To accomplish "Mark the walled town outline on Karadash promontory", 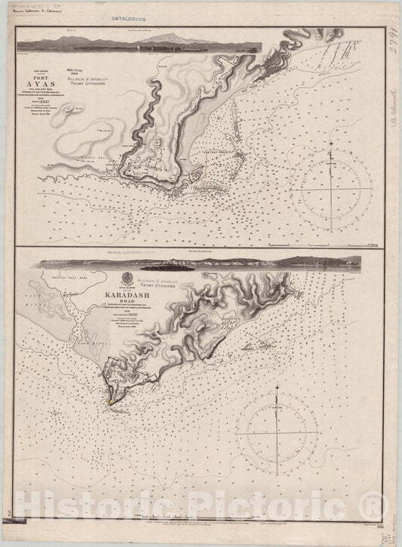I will [x=128, y=373].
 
